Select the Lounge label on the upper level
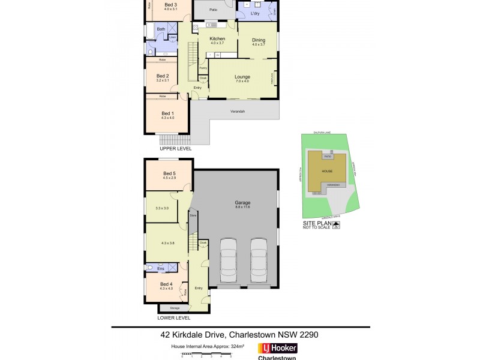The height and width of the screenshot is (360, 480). point(242,77)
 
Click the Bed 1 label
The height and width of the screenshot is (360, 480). point(167,113)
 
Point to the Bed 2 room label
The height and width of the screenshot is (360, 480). point(163,76)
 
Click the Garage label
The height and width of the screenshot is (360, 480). point(243,203)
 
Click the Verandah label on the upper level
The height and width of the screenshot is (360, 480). point(238,112)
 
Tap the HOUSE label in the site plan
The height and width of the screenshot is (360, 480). point(327,171)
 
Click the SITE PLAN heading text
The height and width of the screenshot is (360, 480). point(317,223)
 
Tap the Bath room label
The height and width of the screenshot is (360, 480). point(161,29)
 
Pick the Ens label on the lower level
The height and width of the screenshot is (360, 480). point(161,269)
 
